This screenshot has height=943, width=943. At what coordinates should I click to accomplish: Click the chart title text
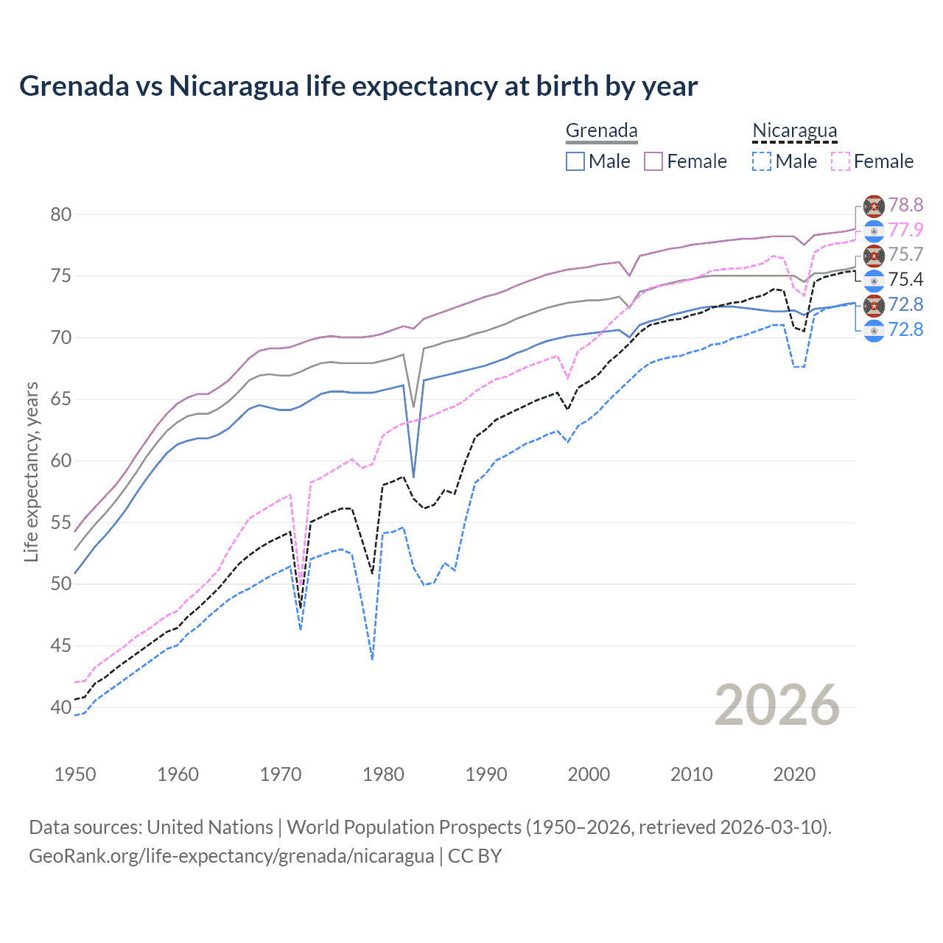358,86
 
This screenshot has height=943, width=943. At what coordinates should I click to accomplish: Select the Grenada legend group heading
601,131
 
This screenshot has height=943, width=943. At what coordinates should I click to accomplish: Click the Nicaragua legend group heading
794,131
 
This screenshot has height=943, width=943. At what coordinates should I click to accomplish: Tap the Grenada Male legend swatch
575,161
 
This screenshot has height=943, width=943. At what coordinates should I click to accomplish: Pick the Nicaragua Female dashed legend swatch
841,161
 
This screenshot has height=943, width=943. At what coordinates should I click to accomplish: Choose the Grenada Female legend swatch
653,161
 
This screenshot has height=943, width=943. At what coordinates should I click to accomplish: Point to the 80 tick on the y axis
60,214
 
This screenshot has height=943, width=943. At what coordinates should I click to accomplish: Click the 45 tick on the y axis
60,645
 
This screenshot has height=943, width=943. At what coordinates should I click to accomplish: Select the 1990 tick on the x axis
486,774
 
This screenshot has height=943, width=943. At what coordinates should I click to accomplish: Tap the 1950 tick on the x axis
75,774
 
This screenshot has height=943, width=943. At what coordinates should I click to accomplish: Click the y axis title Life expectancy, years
31,471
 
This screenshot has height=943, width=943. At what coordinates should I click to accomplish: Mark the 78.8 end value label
905,205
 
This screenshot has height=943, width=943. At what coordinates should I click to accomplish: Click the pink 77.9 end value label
905,230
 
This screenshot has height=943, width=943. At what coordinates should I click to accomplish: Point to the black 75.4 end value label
905,279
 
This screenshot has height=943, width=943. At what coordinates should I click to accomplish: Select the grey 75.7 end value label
905,254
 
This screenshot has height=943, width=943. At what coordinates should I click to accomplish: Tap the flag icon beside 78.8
874,206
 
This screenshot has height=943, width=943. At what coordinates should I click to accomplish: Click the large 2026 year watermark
777,705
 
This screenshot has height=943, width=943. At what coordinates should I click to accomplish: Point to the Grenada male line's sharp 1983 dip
413,477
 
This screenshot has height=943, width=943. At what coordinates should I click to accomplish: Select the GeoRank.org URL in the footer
231,856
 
